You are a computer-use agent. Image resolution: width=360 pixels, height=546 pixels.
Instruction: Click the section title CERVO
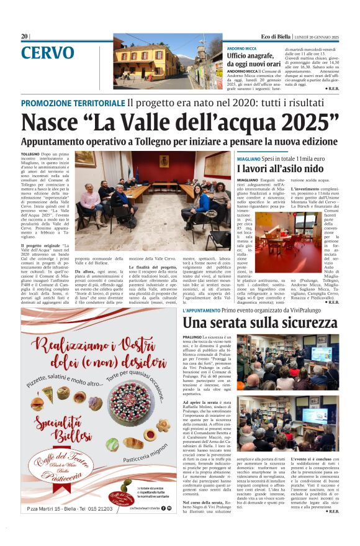47,53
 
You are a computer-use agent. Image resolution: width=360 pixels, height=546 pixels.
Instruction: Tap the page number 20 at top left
24,37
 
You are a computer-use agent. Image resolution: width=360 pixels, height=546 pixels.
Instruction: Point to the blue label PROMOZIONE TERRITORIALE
73,102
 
